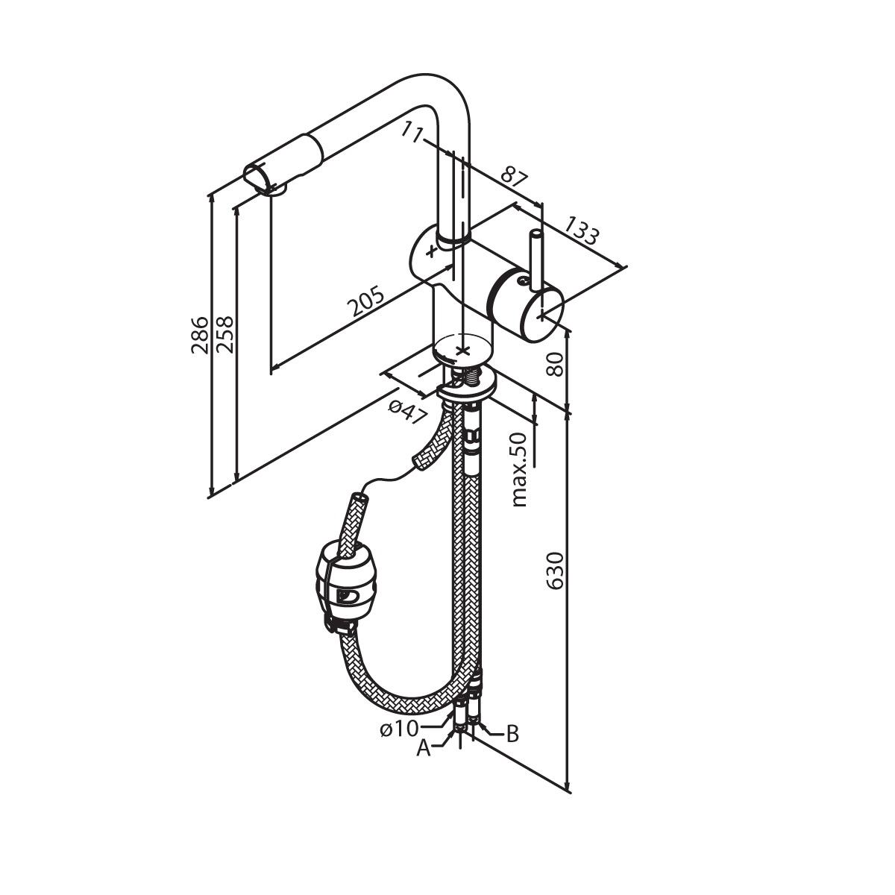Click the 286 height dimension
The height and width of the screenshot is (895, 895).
(x=200, y=335)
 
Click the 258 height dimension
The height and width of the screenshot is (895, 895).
(x=225, y=335)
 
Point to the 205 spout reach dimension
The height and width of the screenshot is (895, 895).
(x=366, y=301)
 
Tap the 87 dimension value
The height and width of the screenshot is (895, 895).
(x=515, y=180)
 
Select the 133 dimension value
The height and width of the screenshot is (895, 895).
(x=582, y=230)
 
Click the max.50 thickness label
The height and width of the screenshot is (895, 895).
(x=519, y=470)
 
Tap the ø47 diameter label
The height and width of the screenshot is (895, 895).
(x=407, y=412)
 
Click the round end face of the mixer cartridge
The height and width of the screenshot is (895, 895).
(x=543, y=313)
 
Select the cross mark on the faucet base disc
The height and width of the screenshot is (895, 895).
(x=461, y=350)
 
